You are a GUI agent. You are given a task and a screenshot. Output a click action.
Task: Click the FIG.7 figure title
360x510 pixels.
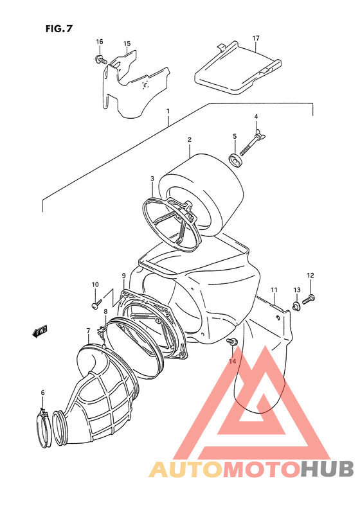59,29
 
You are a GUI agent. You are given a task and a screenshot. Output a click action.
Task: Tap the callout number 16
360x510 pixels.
99,42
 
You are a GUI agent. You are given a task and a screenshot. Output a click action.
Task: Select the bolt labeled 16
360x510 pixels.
100,60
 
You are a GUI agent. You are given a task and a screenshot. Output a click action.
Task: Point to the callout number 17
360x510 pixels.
256,39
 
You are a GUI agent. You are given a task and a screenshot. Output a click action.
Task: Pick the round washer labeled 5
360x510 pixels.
237,161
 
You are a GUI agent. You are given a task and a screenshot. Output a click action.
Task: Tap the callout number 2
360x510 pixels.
190,140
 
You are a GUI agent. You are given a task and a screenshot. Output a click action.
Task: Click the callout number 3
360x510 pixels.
152,178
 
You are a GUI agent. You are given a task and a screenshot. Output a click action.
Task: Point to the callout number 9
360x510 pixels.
123,276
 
